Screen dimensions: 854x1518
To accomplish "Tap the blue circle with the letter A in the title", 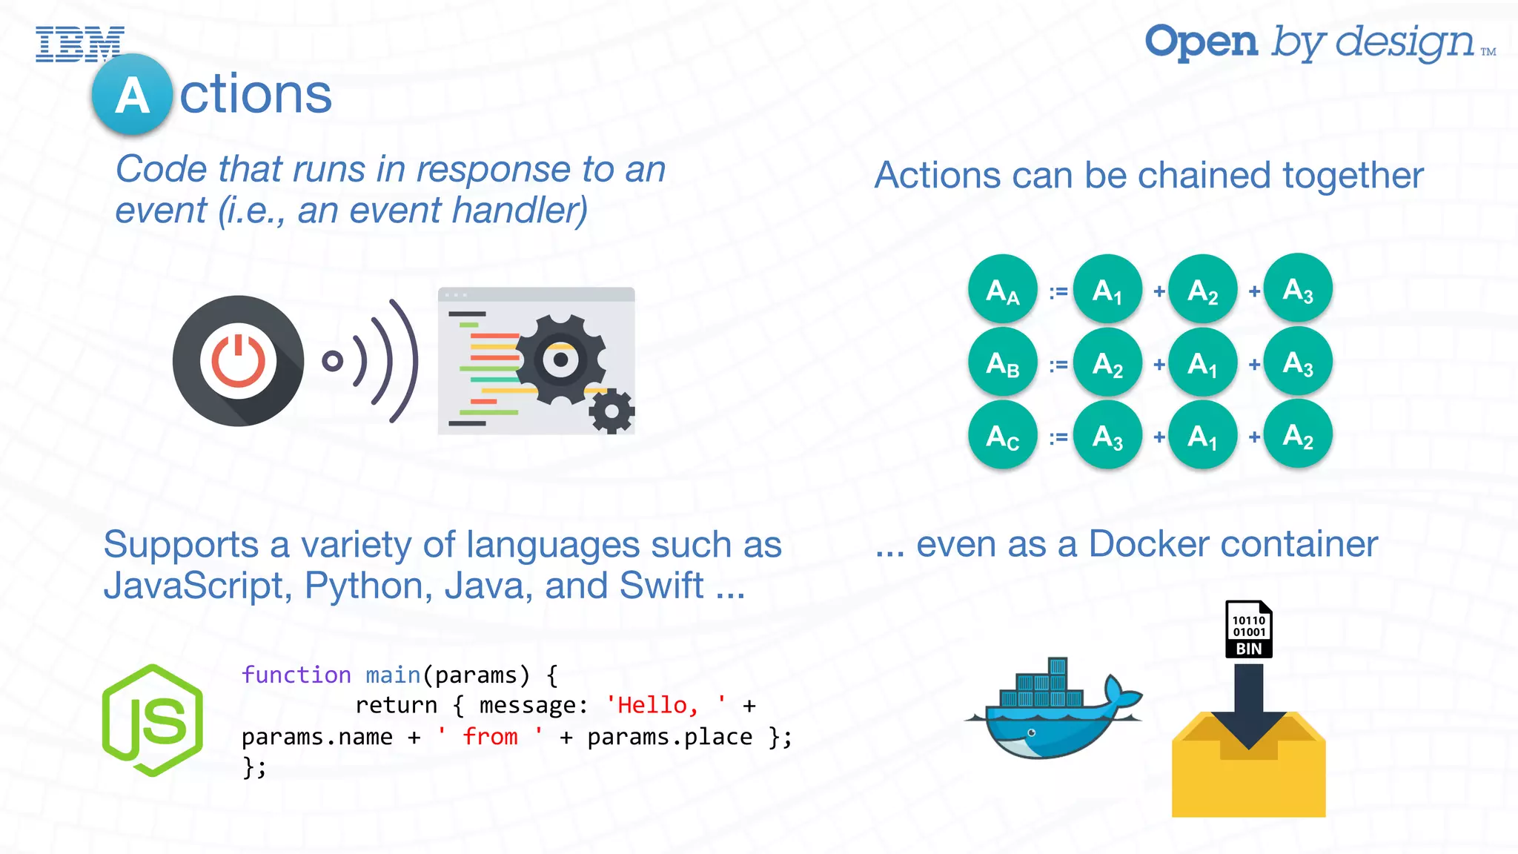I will click(x=132, y=95).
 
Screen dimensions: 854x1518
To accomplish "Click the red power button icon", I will click(x=238, y=361).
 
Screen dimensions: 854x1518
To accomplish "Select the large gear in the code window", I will click(x=560, y=360).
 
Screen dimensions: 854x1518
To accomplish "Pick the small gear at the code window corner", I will click(x=611, y=411).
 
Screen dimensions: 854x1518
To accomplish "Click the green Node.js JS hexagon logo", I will click(x=153, y=721).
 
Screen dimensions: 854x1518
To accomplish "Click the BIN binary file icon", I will click(x=1249, y=629).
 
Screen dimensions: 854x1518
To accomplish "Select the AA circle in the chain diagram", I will click(x=1002, y=290).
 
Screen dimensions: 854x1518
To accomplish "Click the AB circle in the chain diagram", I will click(x=1002, y=363).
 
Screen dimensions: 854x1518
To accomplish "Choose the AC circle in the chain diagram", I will click(x=1002, y=435).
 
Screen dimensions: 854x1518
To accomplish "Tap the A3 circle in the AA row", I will click(x=1298, y=288).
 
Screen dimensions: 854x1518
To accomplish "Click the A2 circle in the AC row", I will click(x=1298, y=434).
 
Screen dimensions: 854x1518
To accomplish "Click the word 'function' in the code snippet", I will click(x=296, y=675).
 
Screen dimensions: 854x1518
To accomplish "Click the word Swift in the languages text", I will click(x=661, y=586).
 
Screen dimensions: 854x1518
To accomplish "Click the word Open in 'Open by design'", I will click(x=1201, y=42).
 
